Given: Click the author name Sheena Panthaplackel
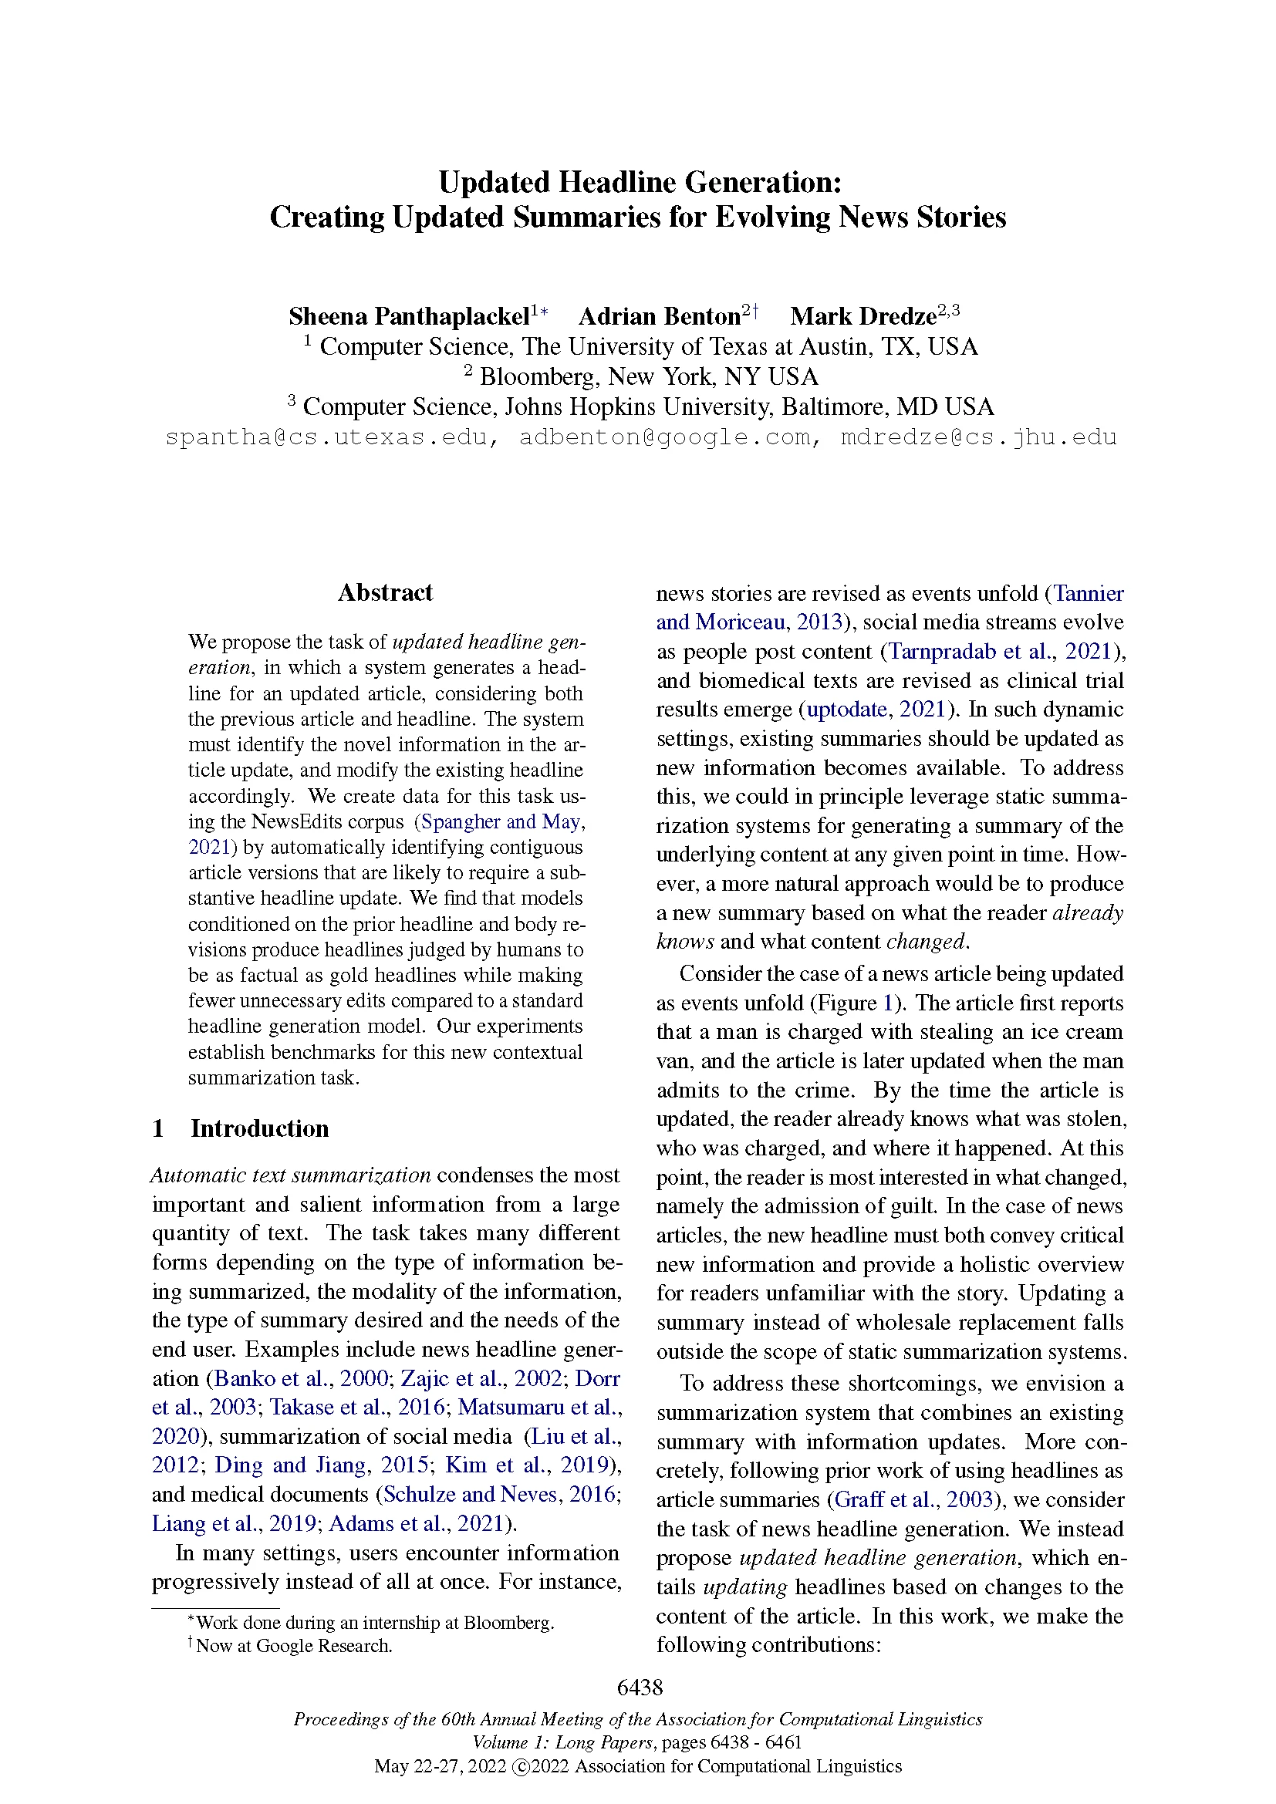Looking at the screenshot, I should coord(409,317).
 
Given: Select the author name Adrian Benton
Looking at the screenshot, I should coord(659,317).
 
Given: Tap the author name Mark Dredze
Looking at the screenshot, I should coord(862,317).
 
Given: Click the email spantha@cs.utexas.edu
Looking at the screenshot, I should coord(331,437).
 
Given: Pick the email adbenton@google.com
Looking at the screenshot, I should coord(670,437).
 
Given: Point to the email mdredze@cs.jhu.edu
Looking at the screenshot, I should coord(978,437).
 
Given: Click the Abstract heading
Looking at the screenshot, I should coord(385,592).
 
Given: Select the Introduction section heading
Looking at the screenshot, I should coord(259,1128).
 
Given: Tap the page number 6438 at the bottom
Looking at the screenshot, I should coord(640,1687).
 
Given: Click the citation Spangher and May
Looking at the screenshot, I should coord(501,822).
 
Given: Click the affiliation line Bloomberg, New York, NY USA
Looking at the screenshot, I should coord(648,377).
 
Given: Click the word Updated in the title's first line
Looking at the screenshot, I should coord(495,182).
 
